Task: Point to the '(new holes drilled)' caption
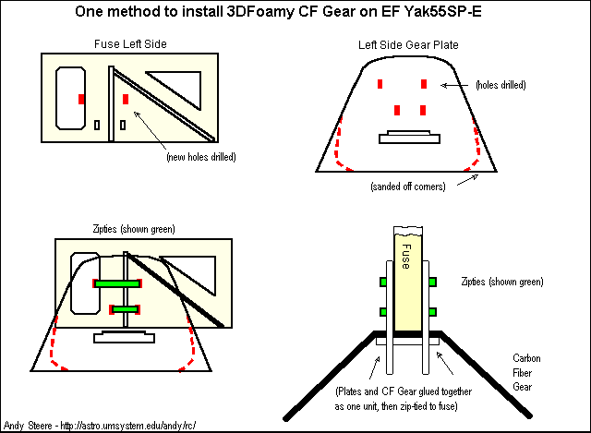coord(200,157)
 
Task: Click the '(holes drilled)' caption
coord(500,85)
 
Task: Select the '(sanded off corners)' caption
coord(407,186)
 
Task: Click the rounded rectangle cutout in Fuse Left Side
coord(71,97)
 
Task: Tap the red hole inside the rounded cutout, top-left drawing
coord(81,98)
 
